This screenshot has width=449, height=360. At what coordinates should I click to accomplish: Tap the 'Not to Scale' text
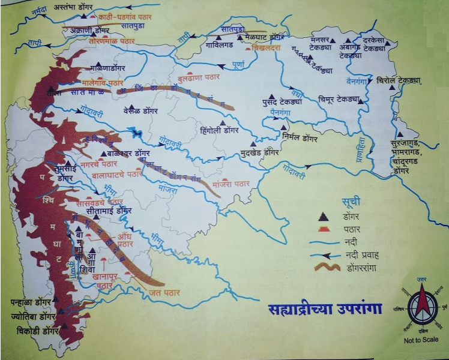pos(421,340)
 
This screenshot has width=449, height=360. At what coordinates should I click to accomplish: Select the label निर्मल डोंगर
pos(303,137)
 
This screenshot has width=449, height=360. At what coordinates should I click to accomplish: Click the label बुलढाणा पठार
pos(199,77)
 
